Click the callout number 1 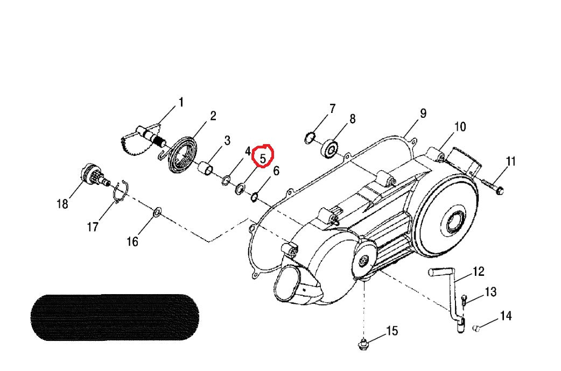(181, 102)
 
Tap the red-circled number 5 (263, 158)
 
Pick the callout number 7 (332, 109)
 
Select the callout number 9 (423, 113)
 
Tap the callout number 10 (460, 127)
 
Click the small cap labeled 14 (475, 327)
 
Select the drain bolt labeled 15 (363, 342)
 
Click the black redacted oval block (114, 317)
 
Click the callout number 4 (248, 152)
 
